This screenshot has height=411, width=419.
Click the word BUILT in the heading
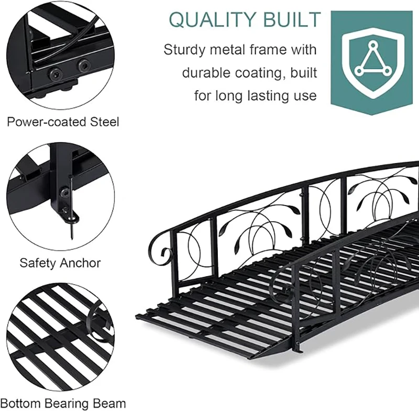point(293,20)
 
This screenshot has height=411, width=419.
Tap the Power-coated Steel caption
point(63,122)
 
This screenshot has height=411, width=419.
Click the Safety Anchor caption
point(60,262)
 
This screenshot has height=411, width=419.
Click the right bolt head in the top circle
point(82,66)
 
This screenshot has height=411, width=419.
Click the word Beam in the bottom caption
point(112,403)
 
